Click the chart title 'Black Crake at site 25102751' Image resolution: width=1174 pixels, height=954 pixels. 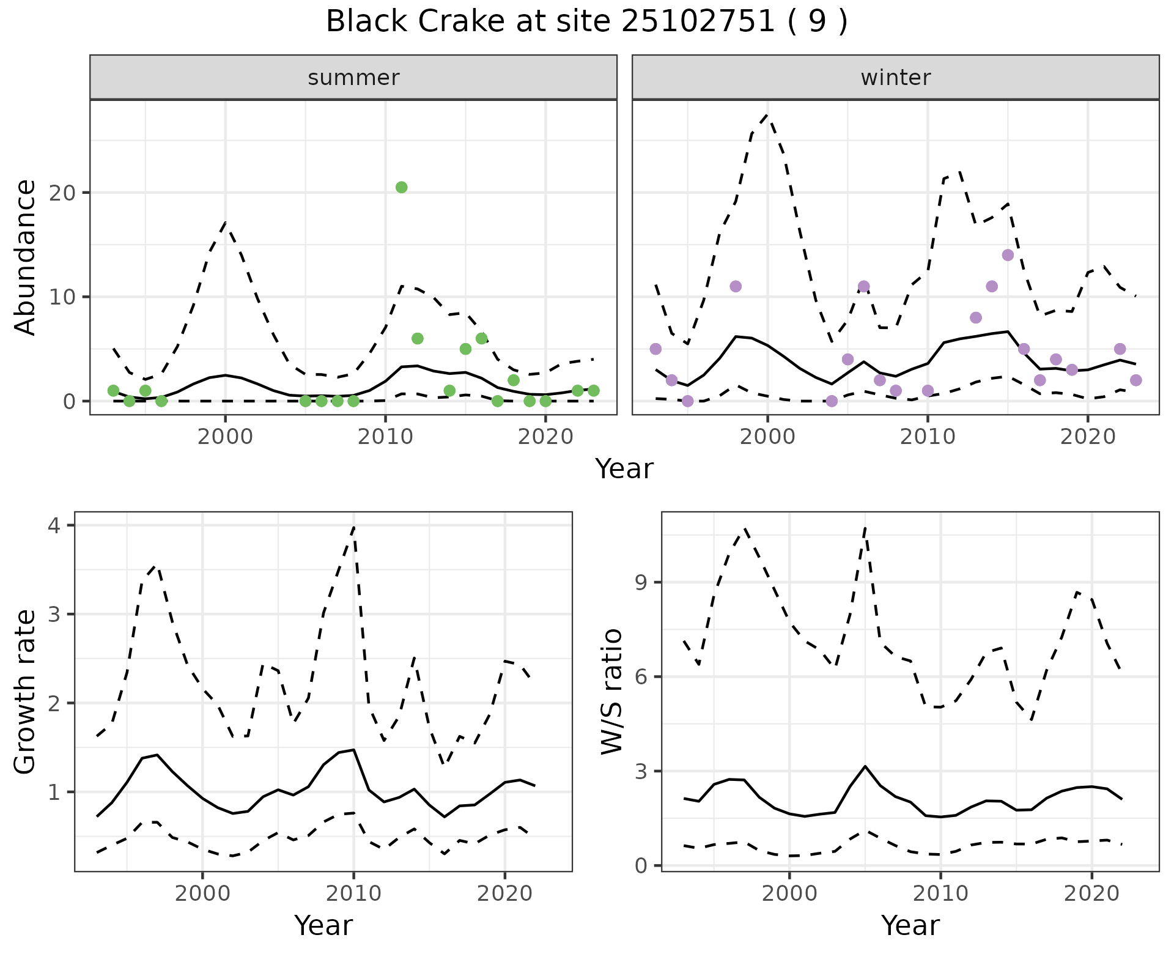(x=586, y=22)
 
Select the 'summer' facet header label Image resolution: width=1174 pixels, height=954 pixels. (x=353, y=78)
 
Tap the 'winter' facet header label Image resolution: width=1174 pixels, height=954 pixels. (x=895, y=78)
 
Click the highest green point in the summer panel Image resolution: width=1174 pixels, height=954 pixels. (x=401, y=187)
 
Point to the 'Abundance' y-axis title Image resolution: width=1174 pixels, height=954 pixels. (x=26, y=257)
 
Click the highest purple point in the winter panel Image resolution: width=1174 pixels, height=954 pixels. (x=1008, y=255)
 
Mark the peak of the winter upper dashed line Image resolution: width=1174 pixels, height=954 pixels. (x=767, y=114)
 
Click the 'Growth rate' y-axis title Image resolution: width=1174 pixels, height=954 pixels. (x=26, y=692)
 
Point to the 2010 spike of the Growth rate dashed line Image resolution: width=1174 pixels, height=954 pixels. (x=354, y=527)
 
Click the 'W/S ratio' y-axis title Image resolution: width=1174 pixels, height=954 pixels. (x=612, y=692)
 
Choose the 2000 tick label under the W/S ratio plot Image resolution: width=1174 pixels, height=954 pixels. (x=789, y=894)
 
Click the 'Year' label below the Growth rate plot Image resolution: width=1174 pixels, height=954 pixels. (x=323, y=926)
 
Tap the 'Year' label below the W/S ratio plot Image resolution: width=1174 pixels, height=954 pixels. (x=910, y=926)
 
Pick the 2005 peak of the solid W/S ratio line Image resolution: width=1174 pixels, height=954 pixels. (x=865, y=766)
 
